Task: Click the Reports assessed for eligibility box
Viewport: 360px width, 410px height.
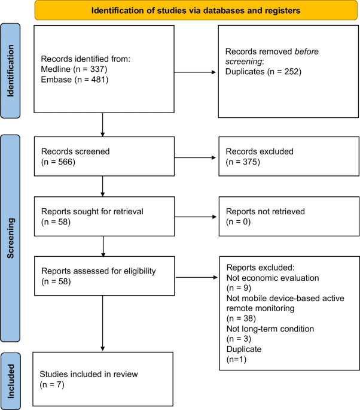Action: pos(104,276)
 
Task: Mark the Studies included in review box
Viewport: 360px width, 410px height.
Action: pos(104,379)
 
